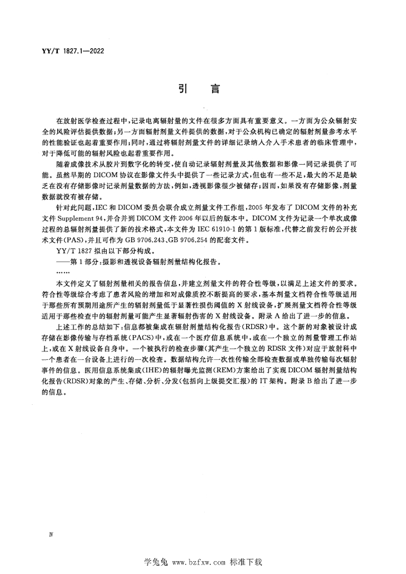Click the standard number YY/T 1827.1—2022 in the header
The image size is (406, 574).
point(66,51)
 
